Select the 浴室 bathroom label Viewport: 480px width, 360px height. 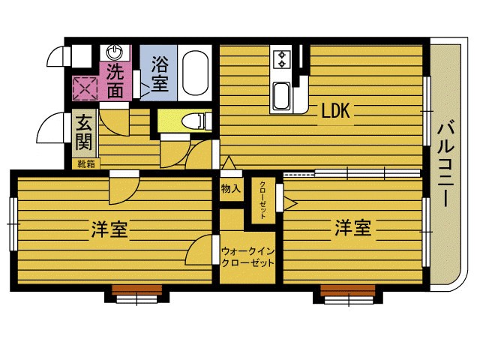coord(160,74)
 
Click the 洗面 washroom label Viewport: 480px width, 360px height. coord(115,81)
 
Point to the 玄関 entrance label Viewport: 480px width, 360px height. coord(83,133)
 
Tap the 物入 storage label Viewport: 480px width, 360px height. coord(230,189)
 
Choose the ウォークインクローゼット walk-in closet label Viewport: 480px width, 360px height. coord(248,257)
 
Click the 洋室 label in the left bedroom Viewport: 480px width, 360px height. coord(109,229)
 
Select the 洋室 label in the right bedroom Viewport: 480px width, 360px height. coord(352,228)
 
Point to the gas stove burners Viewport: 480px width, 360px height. coord(283,58)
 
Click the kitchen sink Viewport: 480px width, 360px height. coord(282,97)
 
